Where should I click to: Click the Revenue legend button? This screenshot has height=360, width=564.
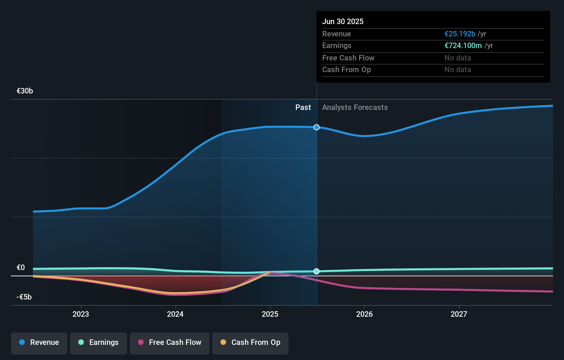[x=39, y=342]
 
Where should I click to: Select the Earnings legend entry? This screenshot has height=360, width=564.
[x=99, y=342]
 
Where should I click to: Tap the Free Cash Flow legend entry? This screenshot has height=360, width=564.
[x=170, y=342]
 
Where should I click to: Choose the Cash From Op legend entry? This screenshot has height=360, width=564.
[x=250, y=342]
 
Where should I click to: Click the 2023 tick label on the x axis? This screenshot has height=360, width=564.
[x=81, y=314]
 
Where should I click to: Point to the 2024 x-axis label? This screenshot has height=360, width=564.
[x=175, y=314]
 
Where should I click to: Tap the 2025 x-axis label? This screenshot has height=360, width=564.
[x=270, y=314]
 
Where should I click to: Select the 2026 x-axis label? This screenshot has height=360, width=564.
[x=364, y=314]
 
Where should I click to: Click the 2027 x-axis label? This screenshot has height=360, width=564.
[x=459, y=314]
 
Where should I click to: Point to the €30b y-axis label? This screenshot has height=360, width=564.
[x=25, y=91]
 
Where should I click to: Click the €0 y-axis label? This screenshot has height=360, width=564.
[x=21, y=268]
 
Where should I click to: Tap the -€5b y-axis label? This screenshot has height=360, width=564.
[x=24, y=297]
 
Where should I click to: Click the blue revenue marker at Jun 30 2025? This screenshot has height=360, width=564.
[x=316, y=127]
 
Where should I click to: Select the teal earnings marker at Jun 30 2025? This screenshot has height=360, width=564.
[x=316, y=271]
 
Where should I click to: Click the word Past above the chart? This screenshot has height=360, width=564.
[x=303, y=108]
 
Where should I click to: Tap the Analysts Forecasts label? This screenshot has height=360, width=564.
[x=355, y=108]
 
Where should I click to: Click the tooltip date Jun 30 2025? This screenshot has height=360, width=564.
[x=343, y=22]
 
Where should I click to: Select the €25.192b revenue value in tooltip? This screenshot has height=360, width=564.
[x=460, y=34]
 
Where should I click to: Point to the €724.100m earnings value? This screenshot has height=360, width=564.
[x=463, y=46]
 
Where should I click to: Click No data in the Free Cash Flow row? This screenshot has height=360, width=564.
[x=458, y=58]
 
